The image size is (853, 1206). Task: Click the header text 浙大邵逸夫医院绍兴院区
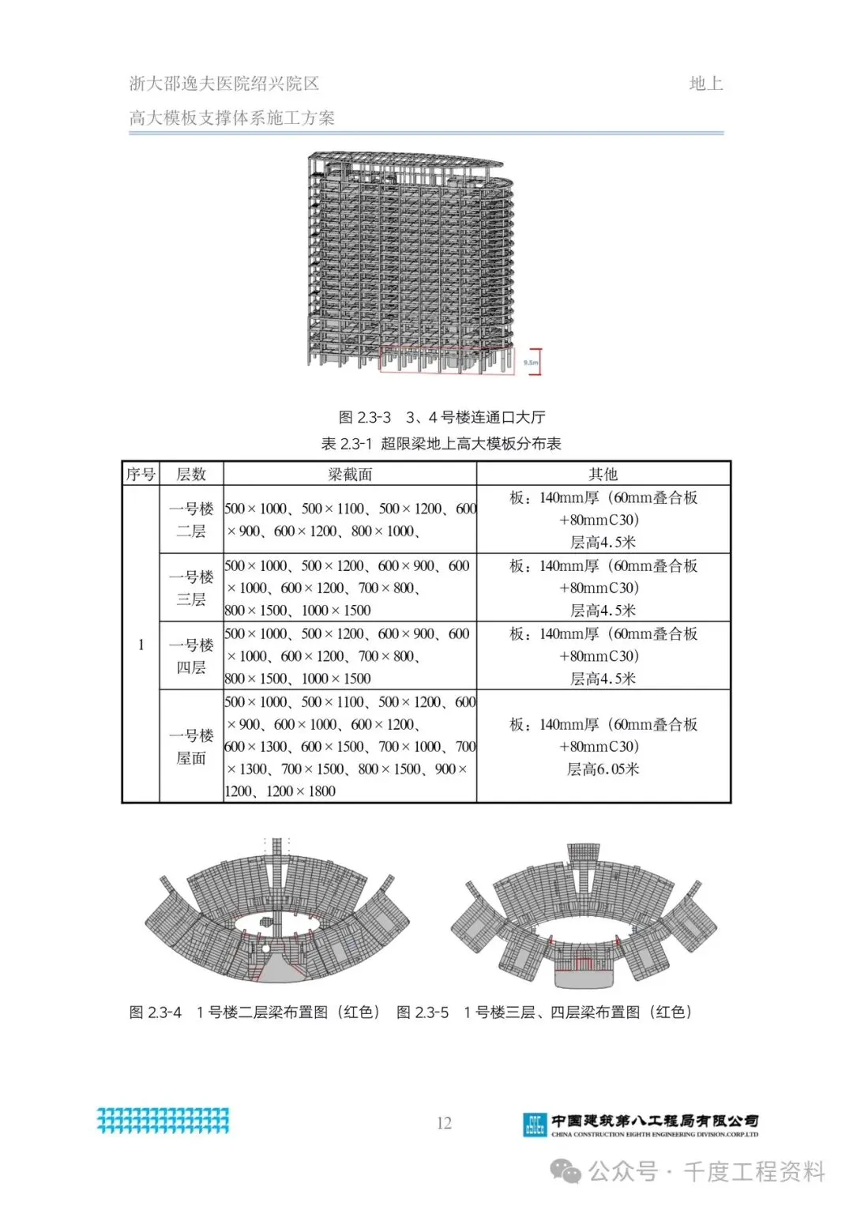coord(224,84)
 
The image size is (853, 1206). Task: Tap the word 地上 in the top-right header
coord(705,84)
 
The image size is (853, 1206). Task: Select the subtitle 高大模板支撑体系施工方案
coord(231,118)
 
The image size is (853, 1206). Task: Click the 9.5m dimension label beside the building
coord(531,363)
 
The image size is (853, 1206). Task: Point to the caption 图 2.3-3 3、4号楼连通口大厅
coord(442,417)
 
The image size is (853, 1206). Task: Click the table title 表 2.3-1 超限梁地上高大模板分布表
coord(441,444)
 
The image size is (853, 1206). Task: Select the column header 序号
coord(141,474)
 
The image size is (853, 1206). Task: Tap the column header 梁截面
coord(349,474)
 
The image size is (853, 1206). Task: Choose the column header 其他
coord(603,474)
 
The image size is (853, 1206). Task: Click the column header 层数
coord(191,474)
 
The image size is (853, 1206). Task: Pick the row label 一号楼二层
coord(191,520)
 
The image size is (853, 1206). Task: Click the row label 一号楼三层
coord(191,588)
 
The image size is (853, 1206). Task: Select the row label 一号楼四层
coord(191,656)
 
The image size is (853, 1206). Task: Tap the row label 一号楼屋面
coord(191,746)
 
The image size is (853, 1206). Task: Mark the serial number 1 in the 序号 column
coord(141,644)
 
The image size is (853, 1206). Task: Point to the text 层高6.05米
coord(603,768)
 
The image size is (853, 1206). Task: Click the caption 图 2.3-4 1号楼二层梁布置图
coord(254,1013)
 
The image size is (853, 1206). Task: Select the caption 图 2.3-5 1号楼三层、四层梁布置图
coord(544,1013)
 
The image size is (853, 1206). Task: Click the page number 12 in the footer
coord(444,1123)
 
